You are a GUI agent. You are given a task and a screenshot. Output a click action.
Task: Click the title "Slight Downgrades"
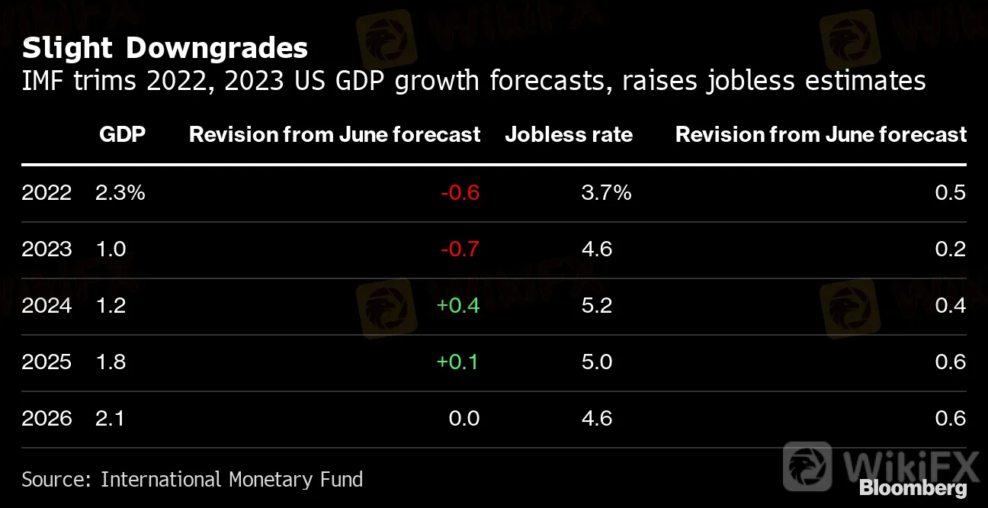pos(165,48)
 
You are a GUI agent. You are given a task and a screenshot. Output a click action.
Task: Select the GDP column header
pos(122,135)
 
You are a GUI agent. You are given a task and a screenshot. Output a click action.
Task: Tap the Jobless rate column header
pos(569,135)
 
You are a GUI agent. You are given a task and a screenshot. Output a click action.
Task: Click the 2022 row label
pos(47,192)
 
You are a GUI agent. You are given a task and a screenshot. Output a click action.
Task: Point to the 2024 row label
pos(47,305)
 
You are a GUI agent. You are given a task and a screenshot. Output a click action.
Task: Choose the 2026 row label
pos(47,418)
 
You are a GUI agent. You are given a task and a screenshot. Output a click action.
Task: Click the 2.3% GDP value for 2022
pos(120,192)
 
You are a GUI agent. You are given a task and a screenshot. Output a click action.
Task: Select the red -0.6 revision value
pos(460,192)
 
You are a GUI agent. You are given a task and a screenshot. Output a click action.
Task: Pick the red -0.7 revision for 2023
pos(460,249)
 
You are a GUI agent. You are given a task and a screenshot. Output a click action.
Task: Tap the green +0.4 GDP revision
pos(457,305)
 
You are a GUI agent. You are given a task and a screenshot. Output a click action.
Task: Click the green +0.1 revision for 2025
pos(457,362)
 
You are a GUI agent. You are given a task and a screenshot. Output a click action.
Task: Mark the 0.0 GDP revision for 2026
pos(464,418)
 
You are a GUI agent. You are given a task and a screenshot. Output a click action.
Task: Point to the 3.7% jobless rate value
pos(606,192)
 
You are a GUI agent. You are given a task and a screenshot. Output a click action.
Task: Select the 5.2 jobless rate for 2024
pos(597,305)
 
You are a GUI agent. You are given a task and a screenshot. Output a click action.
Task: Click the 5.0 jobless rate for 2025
pos(597,362)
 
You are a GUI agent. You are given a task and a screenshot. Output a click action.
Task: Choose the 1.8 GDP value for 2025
pos(111,362)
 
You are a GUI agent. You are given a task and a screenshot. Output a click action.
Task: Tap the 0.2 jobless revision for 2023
pos(951,249)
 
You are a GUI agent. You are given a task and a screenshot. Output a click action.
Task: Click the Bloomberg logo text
pos(913,488)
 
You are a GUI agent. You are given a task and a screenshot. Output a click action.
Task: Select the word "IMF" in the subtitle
pos(43,80)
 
